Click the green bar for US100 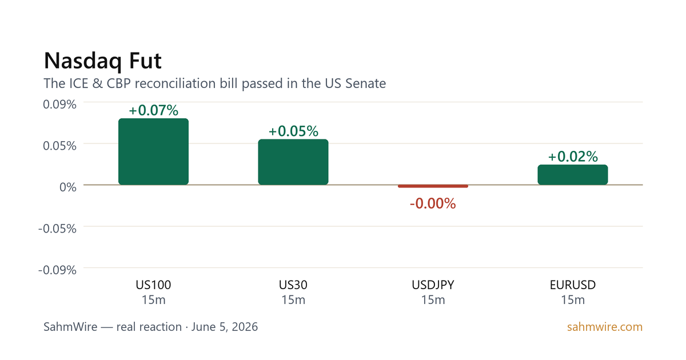153,151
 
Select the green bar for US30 293,162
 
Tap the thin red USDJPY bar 433,186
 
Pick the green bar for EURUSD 573,175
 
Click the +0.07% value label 153,110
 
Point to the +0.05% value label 293,131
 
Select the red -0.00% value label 433,203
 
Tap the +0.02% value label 573,157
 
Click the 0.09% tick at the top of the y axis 59,105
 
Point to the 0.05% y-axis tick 59,146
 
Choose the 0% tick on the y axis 68,187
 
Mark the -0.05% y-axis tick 57,229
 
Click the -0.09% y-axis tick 57,270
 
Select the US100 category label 153,285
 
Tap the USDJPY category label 433,285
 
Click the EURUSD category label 573,285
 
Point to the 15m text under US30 293,300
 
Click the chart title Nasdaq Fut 103,61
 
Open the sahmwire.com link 605,327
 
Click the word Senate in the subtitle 366,83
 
